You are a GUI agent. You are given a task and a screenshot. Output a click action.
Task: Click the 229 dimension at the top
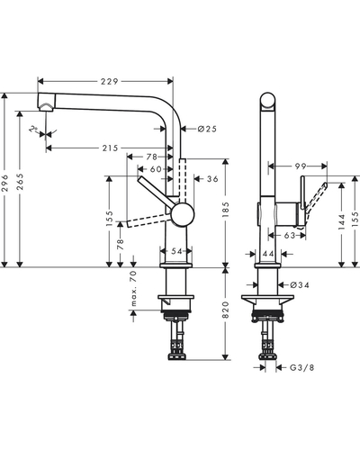[109, 81]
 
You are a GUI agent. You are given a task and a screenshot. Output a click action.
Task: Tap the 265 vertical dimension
[21, 182]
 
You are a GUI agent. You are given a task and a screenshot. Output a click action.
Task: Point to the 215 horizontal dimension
[110, 148]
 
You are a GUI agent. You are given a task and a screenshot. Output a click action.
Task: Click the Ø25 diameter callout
[207, 129]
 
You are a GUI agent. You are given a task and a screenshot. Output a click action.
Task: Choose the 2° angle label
[33, 130]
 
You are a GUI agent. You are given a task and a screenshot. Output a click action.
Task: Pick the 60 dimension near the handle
[156, 169]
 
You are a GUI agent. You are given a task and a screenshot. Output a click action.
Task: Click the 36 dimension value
[212, 179]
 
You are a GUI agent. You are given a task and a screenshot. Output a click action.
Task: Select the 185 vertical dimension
[226, 210]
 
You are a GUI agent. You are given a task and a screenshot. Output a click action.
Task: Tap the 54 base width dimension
[176, 251]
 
